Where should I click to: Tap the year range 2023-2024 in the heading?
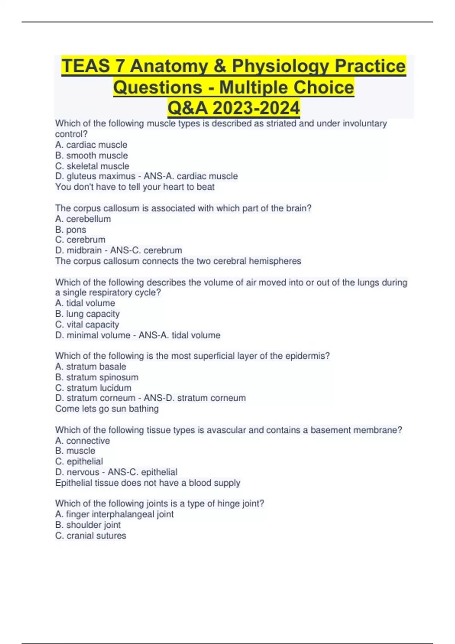pos(256,108)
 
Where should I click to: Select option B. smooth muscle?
pos(91,155)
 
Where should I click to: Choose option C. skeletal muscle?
pos(92,166)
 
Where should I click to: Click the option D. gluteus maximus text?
pos(95,176)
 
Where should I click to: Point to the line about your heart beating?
pos(135,187)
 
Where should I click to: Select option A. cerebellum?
pos(83,219)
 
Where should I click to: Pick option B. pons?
pos(71,230)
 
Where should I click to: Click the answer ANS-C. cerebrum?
pos(146,250)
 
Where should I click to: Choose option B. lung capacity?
pos(87,314)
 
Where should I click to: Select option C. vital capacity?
pos(87,325)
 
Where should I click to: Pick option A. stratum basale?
pos(91,366)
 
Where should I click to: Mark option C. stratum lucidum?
pos(93,388)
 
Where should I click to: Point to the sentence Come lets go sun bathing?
pos(107,409)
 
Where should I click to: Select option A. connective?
pos(83,441)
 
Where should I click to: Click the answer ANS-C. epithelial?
pos(143,472)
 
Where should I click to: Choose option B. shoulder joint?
pos(88,525)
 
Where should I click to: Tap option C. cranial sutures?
pos(91,536)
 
